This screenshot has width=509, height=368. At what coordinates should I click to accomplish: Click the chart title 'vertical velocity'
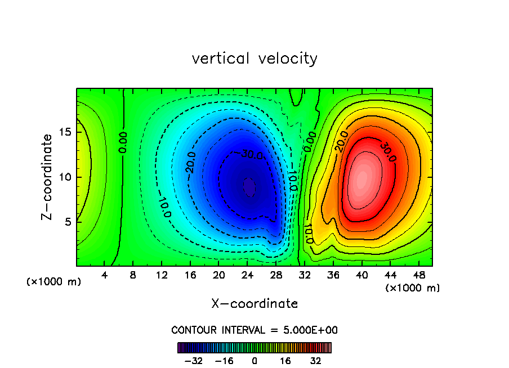254,59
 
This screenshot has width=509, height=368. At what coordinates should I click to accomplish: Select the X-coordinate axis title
254,304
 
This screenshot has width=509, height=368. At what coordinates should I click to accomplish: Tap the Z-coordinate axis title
50,177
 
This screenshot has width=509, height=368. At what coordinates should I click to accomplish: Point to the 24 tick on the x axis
247,275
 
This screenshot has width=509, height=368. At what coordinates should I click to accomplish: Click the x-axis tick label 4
105,275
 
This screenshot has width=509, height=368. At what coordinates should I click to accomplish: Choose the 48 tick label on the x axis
418,275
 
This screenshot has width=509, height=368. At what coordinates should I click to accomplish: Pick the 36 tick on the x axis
333,275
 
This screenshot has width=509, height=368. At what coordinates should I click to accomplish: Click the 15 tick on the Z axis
65,133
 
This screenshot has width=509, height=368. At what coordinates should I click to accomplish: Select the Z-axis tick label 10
65,177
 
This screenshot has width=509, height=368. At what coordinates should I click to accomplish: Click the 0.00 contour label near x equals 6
123,142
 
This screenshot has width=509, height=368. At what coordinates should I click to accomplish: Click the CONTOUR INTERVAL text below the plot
254,330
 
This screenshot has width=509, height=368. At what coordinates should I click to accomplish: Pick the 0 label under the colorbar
254,361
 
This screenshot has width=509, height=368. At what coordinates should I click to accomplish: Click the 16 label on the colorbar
285,361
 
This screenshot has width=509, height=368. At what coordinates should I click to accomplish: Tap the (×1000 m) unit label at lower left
54,282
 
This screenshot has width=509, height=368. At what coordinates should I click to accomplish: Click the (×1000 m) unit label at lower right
413,288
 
